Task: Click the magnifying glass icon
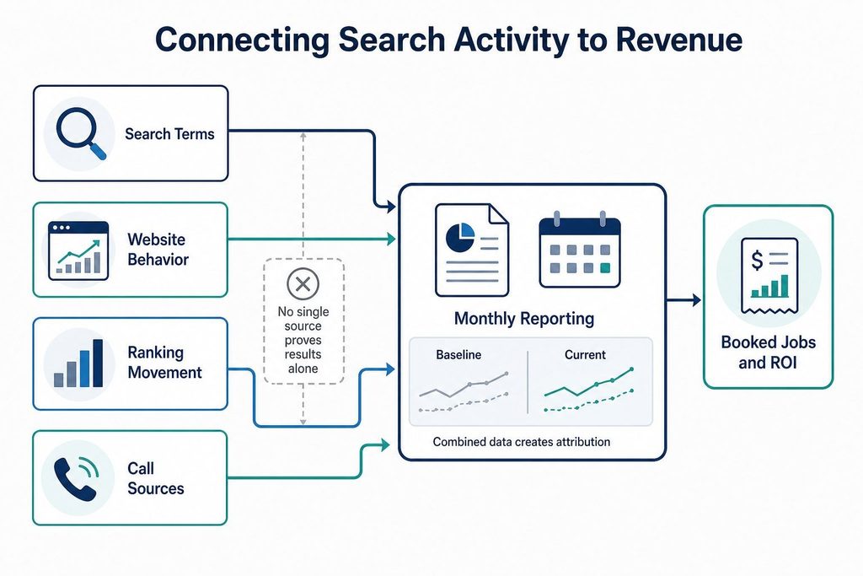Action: (80, 132)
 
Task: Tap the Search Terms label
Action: (169, 134)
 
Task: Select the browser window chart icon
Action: (78, 250)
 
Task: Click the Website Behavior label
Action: (158, 250)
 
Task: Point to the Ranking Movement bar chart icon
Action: (78, 363)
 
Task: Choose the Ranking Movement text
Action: (164, 363)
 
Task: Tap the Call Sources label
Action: (156, 478)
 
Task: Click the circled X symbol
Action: (303, 284)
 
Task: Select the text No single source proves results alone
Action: (303, 340)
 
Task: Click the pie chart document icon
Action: (472, 250)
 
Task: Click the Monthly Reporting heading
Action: (524, 318)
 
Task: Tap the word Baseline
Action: (458, 355)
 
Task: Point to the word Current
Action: (585, 355)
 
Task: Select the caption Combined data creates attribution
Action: (521, 442)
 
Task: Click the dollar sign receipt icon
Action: (769, 275)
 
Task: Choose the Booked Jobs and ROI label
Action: (769, 353)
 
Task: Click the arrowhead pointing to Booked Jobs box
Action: (696, 300)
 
